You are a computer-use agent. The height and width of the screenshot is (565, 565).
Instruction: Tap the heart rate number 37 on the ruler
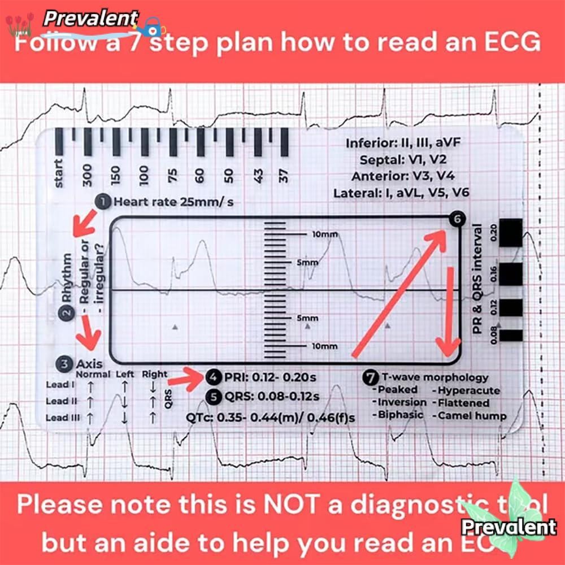tap(284, 175)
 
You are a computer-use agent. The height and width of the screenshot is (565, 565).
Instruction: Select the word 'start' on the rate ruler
tap(59, 173)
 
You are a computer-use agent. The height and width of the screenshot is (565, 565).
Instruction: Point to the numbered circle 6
tap(457, 220)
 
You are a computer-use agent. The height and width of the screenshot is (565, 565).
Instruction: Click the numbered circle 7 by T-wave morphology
tap(370, 377)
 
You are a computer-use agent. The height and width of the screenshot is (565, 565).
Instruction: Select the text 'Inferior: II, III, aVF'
tap(403, 143)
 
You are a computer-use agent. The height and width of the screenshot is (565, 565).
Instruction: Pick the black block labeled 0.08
tap(511, 334)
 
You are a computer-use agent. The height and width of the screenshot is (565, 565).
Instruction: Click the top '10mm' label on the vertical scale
tap(324, 233)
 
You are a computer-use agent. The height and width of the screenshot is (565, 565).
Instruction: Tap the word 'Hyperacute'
tap(468, 390)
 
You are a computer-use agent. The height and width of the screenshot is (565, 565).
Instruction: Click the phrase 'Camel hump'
tap(471, 416)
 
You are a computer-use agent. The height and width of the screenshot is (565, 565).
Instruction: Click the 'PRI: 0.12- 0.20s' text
tap(272, 377)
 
